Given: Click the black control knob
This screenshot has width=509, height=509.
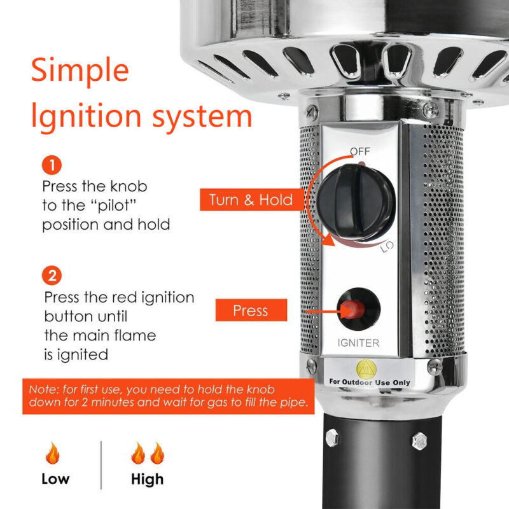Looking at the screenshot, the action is pyautogui.click(x=356, y=202).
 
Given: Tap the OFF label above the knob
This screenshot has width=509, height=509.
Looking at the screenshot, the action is pyautogui.click(x=359, y=151).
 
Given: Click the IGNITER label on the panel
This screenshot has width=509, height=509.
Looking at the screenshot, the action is pyautogui.click(x=358, y=343).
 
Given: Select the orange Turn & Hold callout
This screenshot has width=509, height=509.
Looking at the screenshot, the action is pyautogui.click(x=252, y=200).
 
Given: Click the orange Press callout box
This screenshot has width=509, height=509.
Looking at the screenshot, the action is pyautogui.click(x=251, y=310).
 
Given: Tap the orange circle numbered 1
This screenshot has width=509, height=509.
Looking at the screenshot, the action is pyautogui.click(x=52, y=165).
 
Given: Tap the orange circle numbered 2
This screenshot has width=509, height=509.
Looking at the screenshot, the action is pyautogui.click(x=52, y=275).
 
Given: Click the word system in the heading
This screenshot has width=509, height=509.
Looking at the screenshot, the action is pyautogui.click(x=202, y=118).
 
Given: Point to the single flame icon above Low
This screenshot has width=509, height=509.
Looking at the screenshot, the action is pyautogui.click(x=53, y=453).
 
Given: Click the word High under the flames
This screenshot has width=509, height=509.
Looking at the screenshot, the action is pyautogui.click(x=147, y=479).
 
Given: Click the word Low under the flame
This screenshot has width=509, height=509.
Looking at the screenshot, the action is pyautogui.click(x=55, y=479).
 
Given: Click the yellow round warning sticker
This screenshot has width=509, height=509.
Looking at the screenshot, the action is pyautogui.click(x=366, y=370).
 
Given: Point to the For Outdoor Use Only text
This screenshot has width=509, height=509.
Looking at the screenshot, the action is pyautogui.click(x=370, y=382).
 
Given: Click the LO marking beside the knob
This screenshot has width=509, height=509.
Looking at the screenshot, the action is pyautogui.click(x=387, y=247).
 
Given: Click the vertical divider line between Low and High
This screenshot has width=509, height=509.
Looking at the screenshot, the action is pyautogui.click(x=101, y=465).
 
